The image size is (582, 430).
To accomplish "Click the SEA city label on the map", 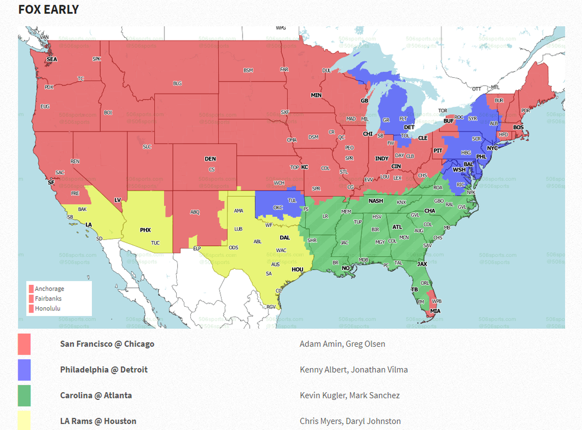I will pos(52,59).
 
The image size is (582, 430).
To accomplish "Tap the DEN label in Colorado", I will pos(210,159).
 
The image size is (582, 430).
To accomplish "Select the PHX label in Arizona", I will pos(145,230).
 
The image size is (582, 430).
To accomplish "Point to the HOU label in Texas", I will pos(298,269).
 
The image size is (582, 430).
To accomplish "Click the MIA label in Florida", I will pos(435,311).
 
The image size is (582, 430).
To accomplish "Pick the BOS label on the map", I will pos(518,127).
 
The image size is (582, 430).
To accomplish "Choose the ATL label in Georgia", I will pos(397,227).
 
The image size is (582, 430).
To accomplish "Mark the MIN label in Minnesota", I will pos(316,95).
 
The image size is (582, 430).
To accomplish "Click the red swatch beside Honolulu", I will pos(31,308).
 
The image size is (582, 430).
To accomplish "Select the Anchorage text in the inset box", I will pos(50,289).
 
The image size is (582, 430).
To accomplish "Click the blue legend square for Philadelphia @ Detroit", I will pos(24,370).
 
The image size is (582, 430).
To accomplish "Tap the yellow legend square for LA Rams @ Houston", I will pos(24,420).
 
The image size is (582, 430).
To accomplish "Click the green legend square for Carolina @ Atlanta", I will pos(24,395).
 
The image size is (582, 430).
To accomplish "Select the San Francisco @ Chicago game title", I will pos(107,344).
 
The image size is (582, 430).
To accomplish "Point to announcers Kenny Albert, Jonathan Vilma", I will pos(353,369).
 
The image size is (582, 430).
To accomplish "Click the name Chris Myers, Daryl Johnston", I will pos(350,421).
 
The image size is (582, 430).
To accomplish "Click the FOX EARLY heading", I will pos(48,10).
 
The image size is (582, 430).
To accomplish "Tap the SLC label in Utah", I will pos(147,147).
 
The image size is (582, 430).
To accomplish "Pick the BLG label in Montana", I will pos(177,83).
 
